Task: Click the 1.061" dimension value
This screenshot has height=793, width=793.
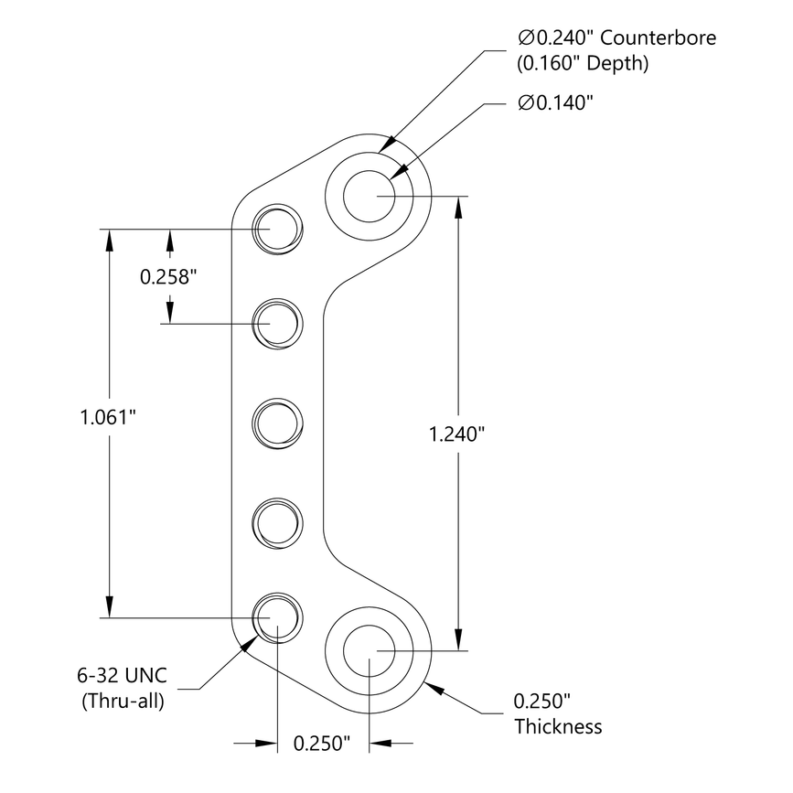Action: tap(108, 417)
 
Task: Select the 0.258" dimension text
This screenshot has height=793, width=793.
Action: tap(168, 276)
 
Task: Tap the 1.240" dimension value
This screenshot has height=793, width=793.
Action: tap(456, 434)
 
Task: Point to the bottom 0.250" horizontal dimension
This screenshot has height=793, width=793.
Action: tap(322, 743)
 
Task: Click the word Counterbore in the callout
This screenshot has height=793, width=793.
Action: tap(657, 38)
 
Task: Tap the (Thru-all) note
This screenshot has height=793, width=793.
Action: tap(123, 702)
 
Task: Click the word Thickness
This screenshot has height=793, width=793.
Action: tap(558, 727)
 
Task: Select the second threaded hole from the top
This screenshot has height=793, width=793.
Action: tap(277, 324)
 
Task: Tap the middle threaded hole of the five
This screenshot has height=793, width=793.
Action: tap(277, 422)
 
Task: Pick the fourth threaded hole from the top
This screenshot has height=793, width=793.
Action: tap(277, 520)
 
